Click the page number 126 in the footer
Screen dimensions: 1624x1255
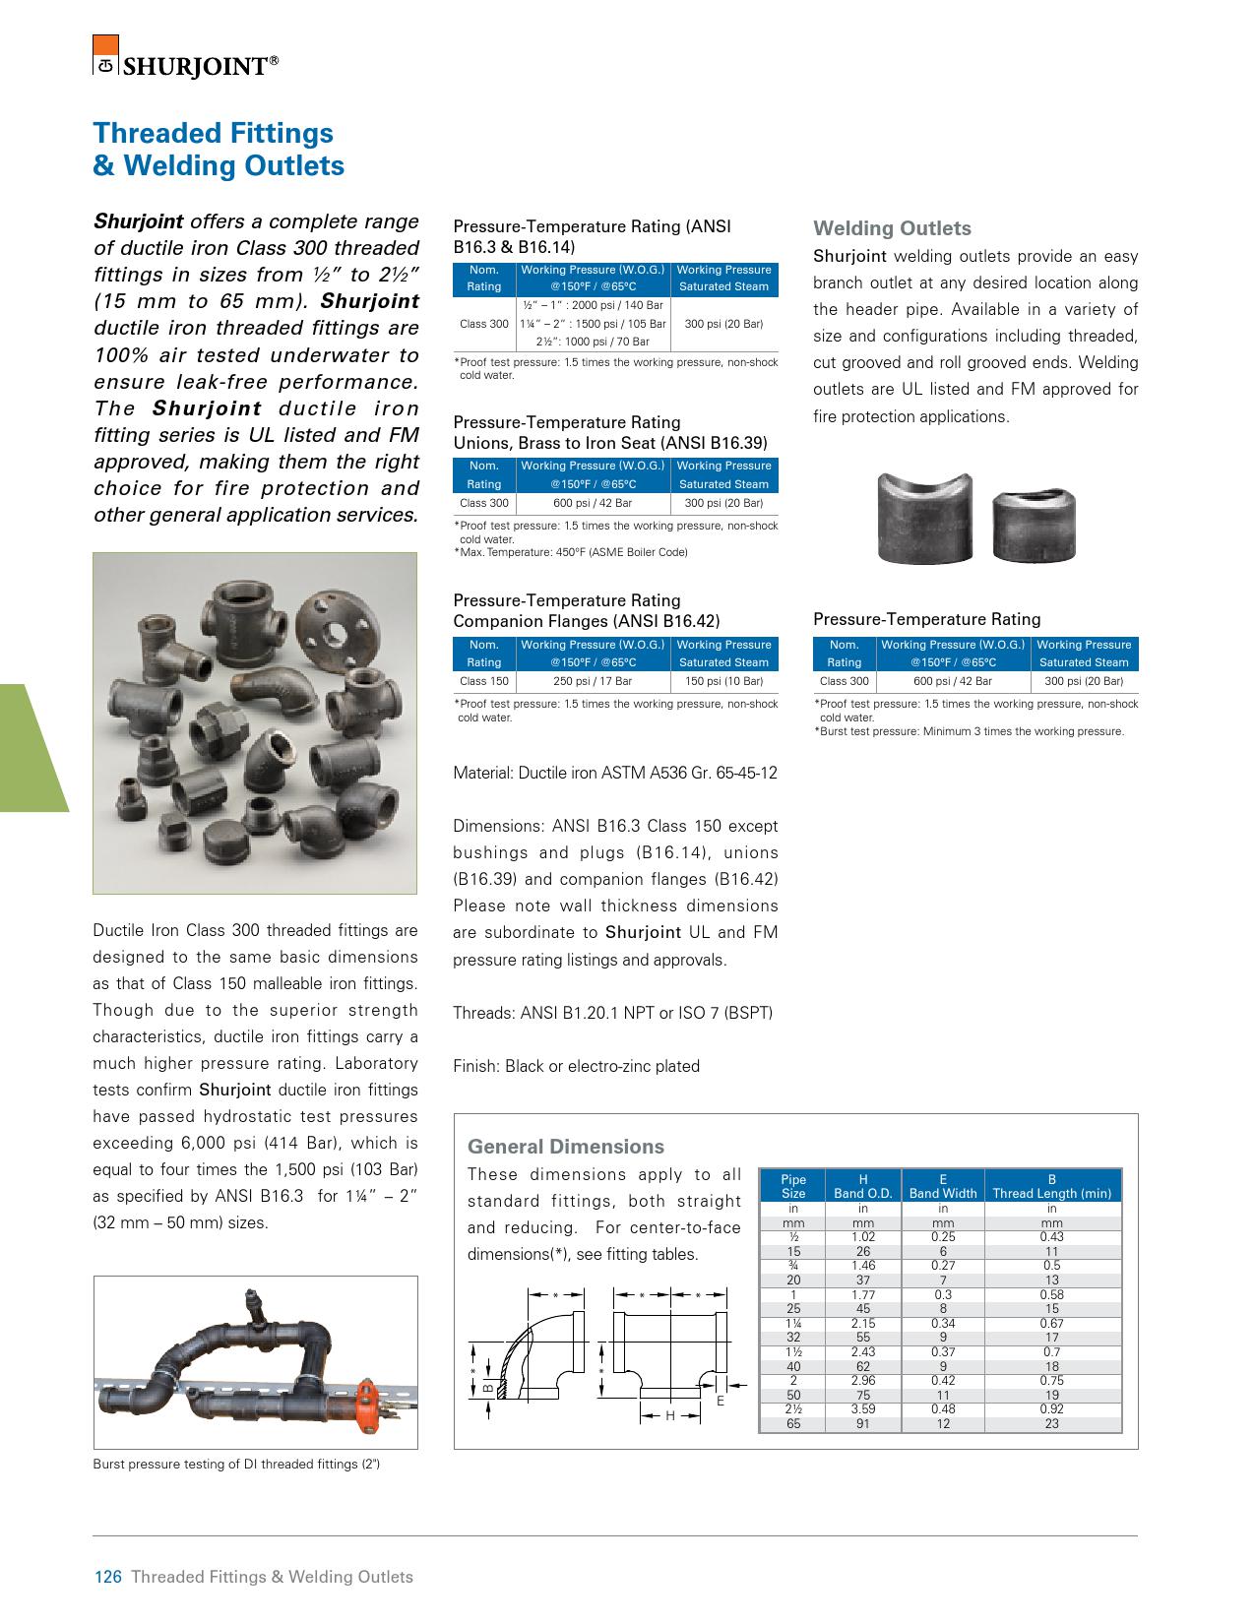pos(106,1576)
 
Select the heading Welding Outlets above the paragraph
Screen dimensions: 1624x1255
pos(892,228)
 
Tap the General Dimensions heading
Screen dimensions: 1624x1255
pos(566,1146)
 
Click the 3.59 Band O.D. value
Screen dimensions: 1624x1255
pos(862,1408)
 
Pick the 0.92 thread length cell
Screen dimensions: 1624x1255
pos(1051,1408)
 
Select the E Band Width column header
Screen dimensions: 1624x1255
pos(942,1186)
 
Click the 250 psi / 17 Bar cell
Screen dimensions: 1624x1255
pos(593,680)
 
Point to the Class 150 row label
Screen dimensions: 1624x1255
pos(483,680)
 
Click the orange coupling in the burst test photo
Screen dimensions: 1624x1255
pos(369,1396)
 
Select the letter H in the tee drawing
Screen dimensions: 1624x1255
pos(670,1415)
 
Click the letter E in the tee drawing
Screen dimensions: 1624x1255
pos(720,1401)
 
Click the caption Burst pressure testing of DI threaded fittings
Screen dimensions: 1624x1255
pos(236,1464)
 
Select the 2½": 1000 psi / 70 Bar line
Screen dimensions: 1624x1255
pos(593,342)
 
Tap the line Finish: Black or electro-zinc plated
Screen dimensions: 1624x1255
pos(576,1066)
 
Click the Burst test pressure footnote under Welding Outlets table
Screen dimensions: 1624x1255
pos(971,731)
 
